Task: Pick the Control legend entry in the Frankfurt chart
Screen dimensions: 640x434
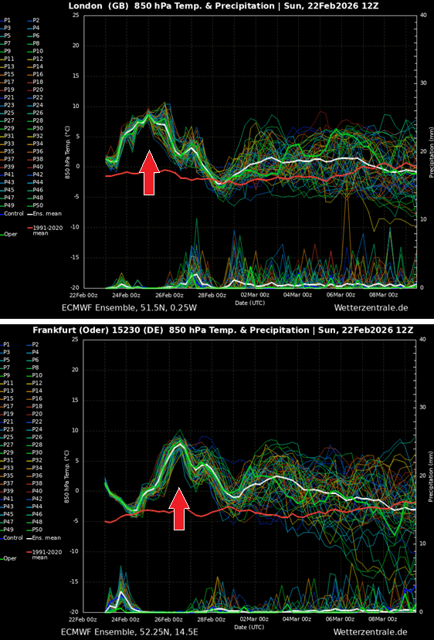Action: (x=12, y=537)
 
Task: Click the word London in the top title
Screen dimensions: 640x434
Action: (x=86, y=5)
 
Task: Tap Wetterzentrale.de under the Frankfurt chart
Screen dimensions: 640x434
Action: (x=371, y=632)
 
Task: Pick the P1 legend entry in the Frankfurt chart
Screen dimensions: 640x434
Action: (x=7, y=344)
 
